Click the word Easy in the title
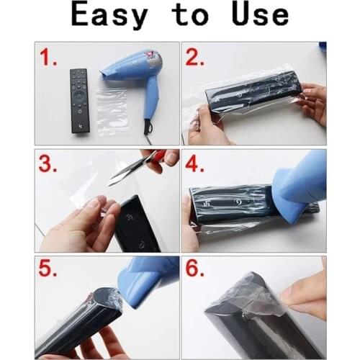(113, 16)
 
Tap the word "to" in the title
(189, 16)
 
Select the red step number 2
(196, 58)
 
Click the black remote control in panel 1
(78, 101)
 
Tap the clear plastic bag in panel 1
(112, 112)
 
